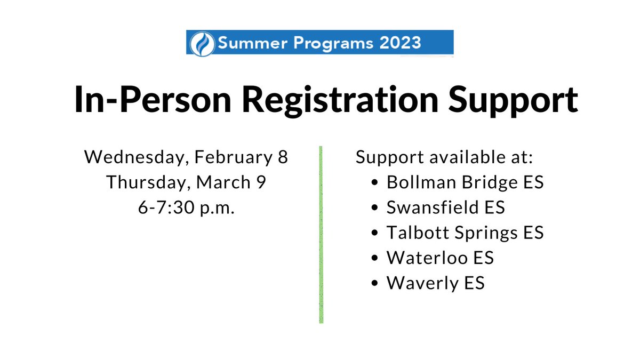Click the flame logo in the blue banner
202,43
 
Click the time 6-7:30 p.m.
186,207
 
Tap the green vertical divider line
321,235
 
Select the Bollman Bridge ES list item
465,182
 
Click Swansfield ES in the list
445,207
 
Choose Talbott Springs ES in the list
465,233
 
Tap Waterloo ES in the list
440,258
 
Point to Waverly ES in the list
435,283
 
